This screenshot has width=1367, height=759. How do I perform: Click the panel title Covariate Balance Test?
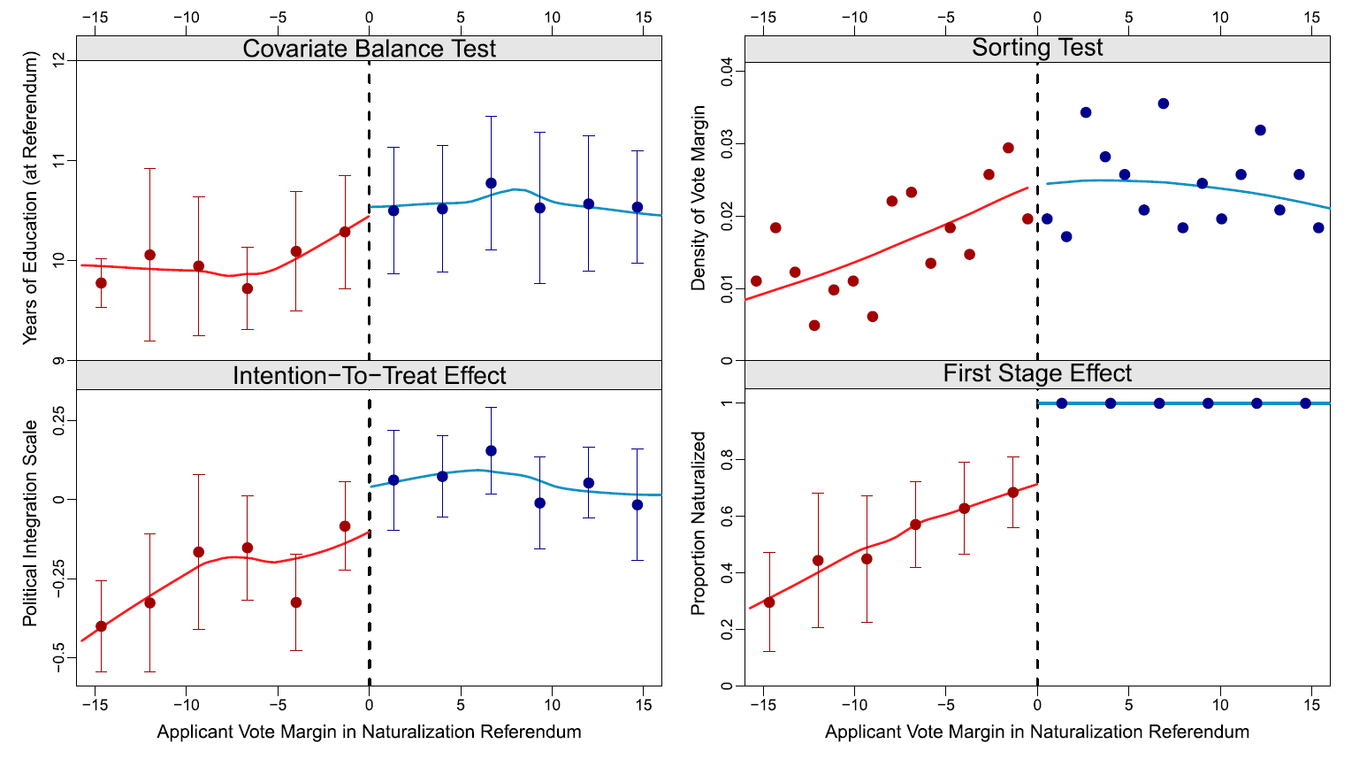click(x=369, y=49)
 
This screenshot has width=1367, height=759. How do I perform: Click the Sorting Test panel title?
click(x=1037, y=48)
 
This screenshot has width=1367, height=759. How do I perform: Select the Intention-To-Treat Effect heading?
click(x=369, y=376)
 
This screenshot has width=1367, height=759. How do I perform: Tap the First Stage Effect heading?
click(x=1037, y=374)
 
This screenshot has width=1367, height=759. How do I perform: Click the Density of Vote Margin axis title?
click(x=699, y=198)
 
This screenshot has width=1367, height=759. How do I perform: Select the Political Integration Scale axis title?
click(x=31, y=524)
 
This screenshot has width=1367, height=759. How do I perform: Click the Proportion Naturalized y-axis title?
click(x=699, y=524)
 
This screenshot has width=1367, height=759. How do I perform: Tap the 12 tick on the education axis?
click(x=59, y=60)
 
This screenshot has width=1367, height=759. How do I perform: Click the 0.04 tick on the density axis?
click(x=728, y=72)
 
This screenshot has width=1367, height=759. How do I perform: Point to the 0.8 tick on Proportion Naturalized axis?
click(x=728, y=460)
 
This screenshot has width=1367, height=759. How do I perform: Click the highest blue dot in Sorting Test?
click(x=1163, y=103)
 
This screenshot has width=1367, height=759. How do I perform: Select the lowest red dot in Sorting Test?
click(x=814, y=326)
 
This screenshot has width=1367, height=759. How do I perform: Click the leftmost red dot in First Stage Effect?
click(x=769, y=602)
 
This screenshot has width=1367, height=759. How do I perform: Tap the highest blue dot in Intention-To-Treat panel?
click(x=491, y=451)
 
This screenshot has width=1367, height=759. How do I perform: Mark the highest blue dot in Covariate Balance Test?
click(x=491, y=183)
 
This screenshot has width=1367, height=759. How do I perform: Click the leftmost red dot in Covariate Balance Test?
click(x=101, y=283)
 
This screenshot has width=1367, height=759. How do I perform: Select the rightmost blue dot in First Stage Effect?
click(x=1305, y=403)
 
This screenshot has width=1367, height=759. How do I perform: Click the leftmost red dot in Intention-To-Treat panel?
click(x=101, y=626)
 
